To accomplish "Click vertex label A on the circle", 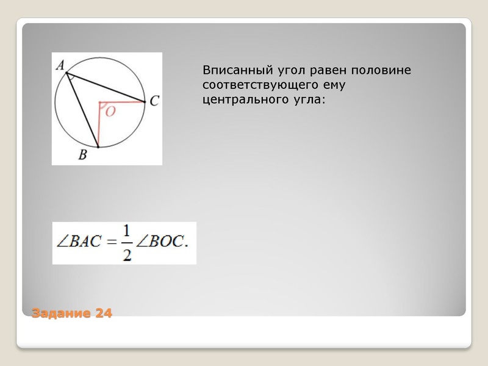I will (60, 64).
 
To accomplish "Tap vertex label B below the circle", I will (82, 155).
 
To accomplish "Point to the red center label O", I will (110, 112).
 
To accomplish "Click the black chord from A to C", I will (107, 89).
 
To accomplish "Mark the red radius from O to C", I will (122, 102).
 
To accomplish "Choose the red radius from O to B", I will (98, 126).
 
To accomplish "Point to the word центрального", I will (242, 99).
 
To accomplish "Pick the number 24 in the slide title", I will (104, 314).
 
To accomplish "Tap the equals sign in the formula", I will (110, 243).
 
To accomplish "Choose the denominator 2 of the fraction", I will (127, 254).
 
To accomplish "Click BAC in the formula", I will (85, 243).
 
